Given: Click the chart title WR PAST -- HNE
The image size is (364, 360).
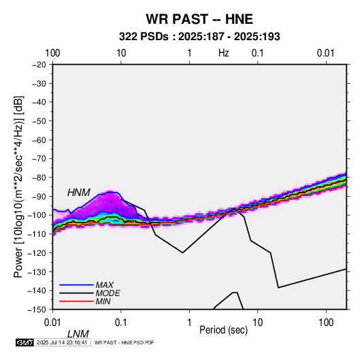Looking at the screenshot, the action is [199, 19].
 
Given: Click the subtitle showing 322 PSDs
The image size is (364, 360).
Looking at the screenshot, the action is [199, 37].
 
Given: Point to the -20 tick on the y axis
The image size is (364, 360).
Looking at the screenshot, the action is [39, 65].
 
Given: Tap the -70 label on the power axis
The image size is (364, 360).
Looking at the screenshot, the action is [39, 159].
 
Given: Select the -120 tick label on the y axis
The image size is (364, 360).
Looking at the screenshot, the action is [37, 252].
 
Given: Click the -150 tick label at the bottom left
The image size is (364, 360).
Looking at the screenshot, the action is [37, 310].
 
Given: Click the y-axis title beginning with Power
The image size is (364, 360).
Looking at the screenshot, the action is [18, 186].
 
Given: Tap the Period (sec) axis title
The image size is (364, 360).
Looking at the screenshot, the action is [224, 330].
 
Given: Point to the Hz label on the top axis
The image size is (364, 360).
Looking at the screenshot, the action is [224, 53].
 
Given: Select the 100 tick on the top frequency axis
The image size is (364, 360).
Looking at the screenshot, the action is [52, 53].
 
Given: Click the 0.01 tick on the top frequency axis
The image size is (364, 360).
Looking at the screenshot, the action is [326, 53].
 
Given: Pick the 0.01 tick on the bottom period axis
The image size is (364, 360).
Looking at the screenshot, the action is [52, 322].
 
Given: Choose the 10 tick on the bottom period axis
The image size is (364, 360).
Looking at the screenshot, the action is [257, 322].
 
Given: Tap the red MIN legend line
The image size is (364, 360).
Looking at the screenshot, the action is [76, 301].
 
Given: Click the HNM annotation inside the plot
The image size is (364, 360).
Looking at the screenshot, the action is [79, 193].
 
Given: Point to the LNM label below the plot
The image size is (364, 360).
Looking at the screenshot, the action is [78, 334].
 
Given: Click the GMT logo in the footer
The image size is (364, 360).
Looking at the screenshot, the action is [24, 342].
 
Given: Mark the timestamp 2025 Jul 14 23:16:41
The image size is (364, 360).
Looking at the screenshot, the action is [62, 342].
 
